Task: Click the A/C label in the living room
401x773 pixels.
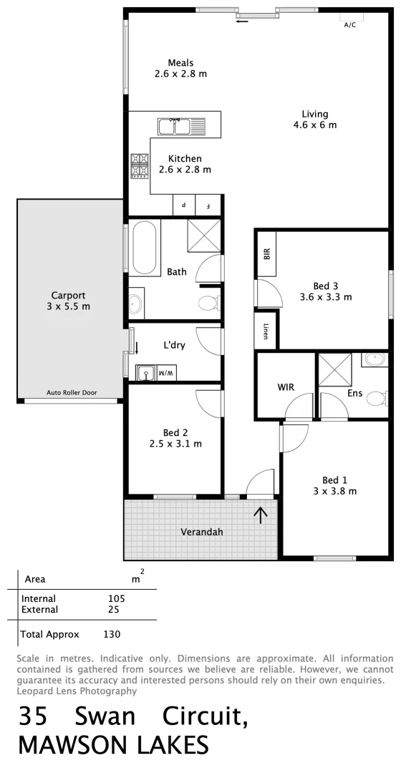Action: coord(349,24)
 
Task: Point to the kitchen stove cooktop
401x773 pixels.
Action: coord(138,165)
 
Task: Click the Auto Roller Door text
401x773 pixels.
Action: coord(71,392)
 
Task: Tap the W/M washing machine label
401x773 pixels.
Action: coord(165,373)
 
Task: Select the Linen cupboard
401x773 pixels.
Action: coord(266,331)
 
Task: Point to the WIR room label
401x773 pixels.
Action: coord(286,387)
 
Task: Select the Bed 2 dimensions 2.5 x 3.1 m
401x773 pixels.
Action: coord(175,444)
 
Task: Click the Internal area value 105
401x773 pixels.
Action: coord(116,598)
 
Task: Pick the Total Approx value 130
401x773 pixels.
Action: coord(111,634)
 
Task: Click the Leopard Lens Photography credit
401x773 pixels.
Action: coord(76,691)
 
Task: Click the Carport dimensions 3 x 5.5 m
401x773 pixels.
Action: coord(68,306)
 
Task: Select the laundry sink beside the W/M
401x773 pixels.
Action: coord(145,372)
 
